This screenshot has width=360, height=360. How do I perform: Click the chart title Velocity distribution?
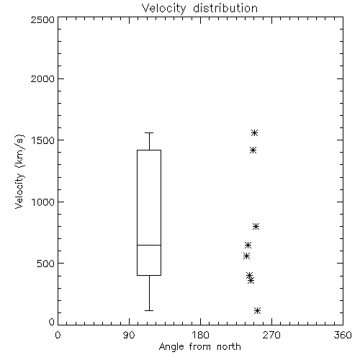click(x=199, y=9)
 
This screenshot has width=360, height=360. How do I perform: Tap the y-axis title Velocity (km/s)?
click(x=19, y=171)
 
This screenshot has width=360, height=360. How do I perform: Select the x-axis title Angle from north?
click(x=199, y=347)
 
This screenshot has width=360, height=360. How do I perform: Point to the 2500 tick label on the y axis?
click(x=42, y=19)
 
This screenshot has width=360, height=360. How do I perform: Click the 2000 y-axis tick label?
click(x=42, y=78)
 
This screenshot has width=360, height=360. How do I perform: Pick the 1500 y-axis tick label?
click(x=43, y=140)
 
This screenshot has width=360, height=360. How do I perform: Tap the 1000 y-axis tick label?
click(x=43, y=202)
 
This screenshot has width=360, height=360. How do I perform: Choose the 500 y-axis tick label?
click(x=46, y=264)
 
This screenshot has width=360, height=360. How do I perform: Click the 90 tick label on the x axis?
click(x=129, y=335)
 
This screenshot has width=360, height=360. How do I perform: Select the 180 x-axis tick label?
click(x=200, y=335)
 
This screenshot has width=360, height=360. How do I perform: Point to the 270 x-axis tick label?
click(x=271, y=335)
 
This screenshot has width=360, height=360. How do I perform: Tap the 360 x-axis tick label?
click(x=343, y=335)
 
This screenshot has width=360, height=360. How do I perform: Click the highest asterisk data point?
click(x=254, y=132)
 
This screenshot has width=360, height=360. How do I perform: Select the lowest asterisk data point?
click(x=257, y=310)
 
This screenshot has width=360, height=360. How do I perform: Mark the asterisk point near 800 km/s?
click(x=256, y=226)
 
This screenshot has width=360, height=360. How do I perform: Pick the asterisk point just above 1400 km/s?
click(x=253, y=150)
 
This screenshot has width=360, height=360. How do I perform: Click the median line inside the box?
click(x=149, y=245)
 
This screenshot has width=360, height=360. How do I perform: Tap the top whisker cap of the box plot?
click(x=149, y=132)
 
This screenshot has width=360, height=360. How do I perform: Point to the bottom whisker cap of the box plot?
click(x=149, y=310)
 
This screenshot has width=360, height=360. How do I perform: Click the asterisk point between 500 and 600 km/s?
click(x=246, y=256)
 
